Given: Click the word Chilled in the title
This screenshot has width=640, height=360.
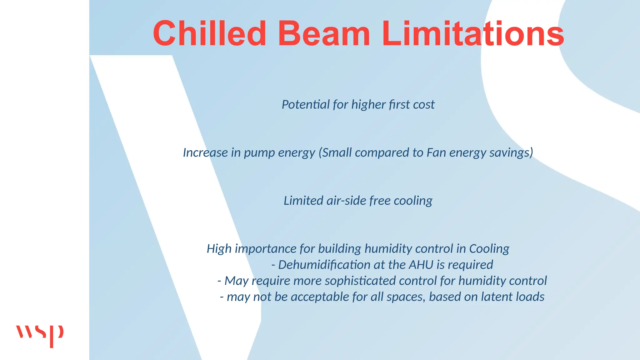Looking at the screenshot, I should (209, 33).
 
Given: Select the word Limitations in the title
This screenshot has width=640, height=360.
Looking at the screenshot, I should (472, 33).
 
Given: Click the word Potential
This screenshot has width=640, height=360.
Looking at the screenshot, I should (306, 104).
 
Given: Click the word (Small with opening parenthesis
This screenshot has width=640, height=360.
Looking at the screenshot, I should (335, 152).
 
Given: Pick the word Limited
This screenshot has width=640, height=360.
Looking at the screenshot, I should (303, 201).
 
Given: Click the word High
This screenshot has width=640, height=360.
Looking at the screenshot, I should (219, 249).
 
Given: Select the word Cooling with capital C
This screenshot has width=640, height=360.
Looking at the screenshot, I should (489, 249).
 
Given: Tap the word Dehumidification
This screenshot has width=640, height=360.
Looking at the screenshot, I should (324, 265).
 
